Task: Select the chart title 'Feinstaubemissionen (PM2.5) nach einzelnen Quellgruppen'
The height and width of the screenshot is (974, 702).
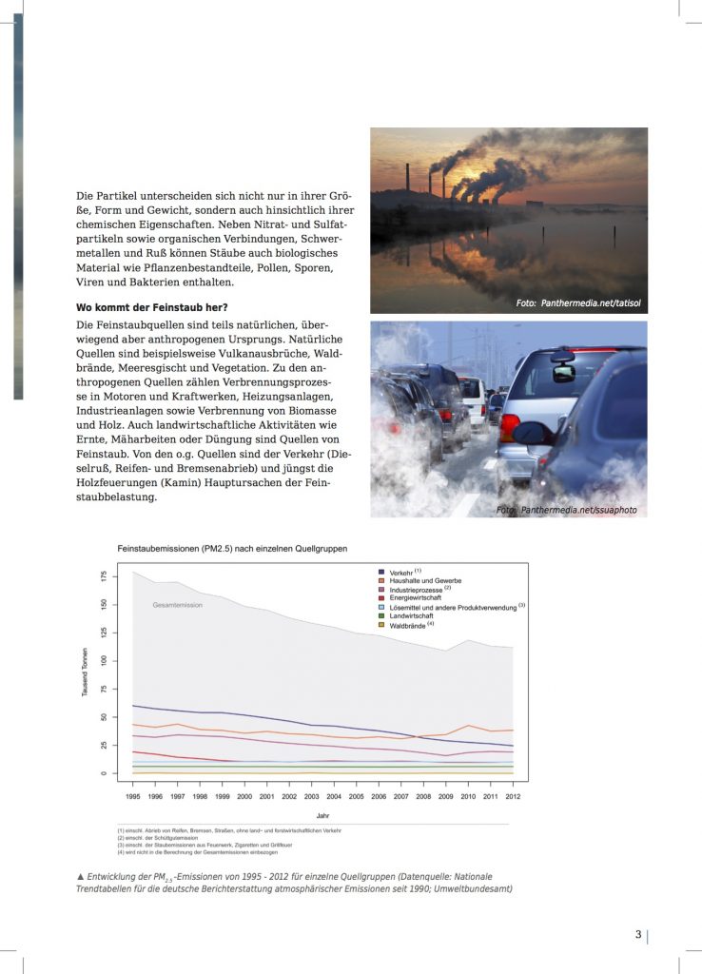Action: (x=232, y=549)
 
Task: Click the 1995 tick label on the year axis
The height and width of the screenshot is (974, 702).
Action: (x=133, y=795)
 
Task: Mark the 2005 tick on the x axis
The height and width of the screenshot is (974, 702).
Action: (x=355, y=795)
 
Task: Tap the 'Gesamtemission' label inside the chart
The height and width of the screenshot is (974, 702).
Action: (x=178, y=605)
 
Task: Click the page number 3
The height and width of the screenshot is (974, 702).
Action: (x=638, y=934)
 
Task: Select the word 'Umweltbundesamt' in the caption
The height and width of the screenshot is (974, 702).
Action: (x=470, y=888)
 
